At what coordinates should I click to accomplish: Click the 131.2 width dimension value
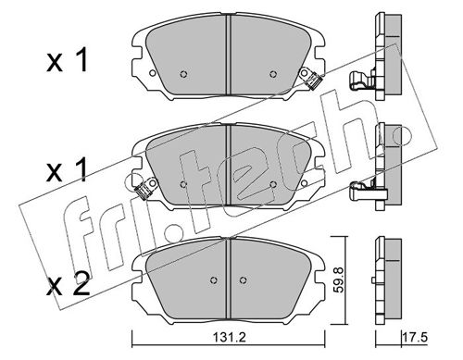click(x=230, y=338)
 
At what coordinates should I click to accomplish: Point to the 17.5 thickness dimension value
click(x=414, y=338)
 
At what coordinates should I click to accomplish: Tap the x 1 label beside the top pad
click(x=67, y=61)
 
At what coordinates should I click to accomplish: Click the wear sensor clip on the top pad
click(x=311, y=79)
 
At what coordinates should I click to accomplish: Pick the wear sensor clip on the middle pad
click(x=144, y=188)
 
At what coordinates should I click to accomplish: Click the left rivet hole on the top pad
click(x=183, y=74)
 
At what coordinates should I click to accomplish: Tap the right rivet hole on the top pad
click(x=272, y=74)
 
